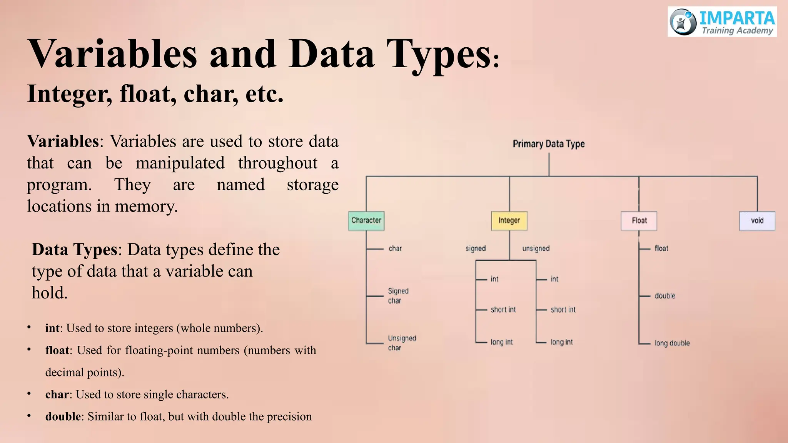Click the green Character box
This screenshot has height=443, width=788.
tap(366, 221)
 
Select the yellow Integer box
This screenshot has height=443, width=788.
tap(509, 221)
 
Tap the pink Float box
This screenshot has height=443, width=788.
tap(639, 221)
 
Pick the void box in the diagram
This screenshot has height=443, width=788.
tap(757, 221)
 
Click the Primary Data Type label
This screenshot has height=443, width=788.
tap(548, 144)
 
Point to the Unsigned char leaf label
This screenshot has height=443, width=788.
tap(402, 343)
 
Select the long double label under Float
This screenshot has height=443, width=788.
tap(672, 343)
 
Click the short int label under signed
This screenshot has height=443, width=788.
tap(503, 310)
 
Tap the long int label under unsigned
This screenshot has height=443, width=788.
tap(561, 342)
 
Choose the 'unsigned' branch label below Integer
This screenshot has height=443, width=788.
tap(536, 248)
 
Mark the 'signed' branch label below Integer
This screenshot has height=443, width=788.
tap(476, 248)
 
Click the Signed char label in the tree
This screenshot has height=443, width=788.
tap(398, 296)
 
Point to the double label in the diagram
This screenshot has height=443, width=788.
tap(664, 296)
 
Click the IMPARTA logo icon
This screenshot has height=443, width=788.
tap(683, 22)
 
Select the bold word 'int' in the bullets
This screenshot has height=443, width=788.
tap(52, 328)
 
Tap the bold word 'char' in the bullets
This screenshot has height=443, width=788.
tap(57, 395)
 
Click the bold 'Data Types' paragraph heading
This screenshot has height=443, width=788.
tap(74, 250)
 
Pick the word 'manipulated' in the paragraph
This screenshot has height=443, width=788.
tap(180, 163)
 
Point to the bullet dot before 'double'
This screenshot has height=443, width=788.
tap(29, 416)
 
